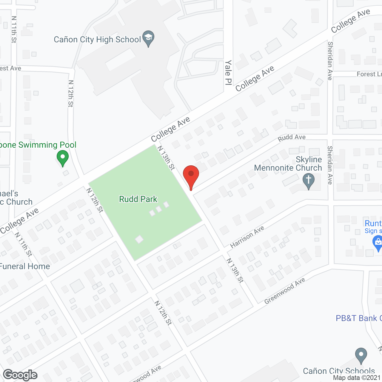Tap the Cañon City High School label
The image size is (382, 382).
coord(97,40)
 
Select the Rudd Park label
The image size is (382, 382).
coord(138,199)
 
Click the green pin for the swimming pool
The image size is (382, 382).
coord(63,157)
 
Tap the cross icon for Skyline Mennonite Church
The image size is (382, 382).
coord(309,181)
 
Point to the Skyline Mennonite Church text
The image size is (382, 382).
coord(288,164)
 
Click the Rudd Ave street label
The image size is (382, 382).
coord(292,138)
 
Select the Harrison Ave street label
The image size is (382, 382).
coord(247,237)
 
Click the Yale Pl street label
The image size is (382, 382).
coord(228,73)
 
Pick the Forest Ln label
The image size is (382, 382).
coord(369,74)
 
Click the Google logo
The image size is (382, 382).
coord(20,375)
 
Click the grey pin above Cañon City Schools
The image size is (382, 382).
coord(361,355)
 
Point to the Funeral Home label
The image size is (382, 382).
coord(25,266)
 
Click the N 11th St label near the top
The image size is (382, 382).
coord(14,29)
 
